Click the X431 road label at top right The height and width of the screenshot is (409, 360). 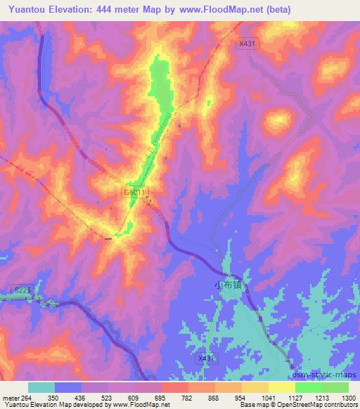(247, 44)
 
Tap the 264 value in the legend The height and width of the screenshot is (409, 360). (26, 398)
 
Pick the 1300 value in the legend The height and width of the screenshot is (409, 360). (349, 398)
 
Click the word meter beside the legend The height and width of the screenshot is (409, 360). (9, 398)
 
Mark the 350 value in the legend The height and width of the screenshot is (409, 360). (51, 398)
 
